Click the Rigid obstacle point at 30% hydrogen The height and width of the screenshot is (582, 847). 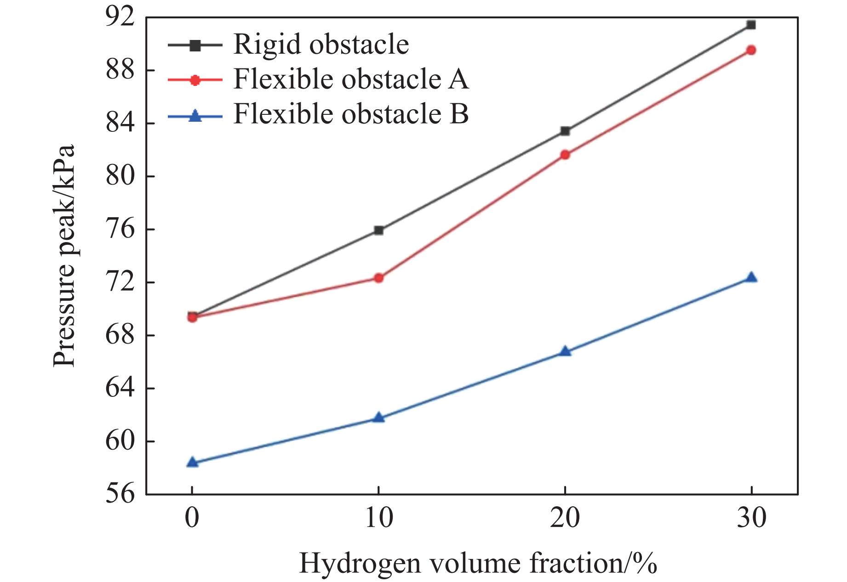pyautogui.click(x=751, y=25)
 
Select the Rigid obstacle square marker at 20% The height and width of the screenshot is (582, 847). pyautogui.click(x=565, y=131)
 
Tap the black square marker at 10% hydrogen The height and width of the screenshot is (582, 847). pyautogui.click(x=378, y=230)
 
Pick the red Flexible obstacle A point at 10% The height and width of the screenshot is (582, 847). pyautogui.click(x=378, y=278)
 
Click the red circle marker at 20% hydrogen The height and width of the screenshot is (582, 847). pyautogui.click(x=565, y=155)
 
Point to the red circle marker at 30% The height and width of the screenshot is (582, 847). pyautogui.click(x=751, y=50)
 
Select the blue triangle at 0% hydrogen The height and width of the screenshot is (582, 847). pyautogui.click(x=192, y=462)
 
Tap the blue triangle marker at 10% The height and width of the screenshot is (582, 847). pyautogui.click(x=378, y=418)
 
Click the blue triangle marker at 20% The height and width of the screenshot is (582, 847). pyautogui.click(x=565, y=352)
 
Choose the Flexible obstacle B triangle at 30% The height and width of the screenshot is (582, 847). pyautogui.click(x=751, y=277)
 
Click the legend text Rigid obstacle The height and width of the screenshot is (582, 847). pyautogui.click(x=321, y=45)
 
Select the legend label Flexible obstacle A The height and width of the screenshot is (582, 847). pyautogui.click(x=351, y=79)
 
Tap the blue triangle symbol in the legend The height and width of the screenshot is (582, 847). pyautogui.click(x=195, y=115)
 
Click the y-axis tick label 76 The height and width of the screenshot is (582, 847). pyautogui.click(x=121, y=229)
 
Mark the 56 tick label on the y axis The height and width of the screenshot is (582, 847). pyautogui.click(x=121, y=494)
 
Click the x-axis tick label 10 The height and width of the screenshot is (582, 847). pyautogui.click(x=378, y=518)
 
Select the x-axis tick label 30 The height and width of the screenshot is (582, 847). pyautogui.click(x=751, y=518)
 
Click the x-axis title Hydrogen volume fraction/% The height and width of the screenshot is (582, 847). pyautogui.click(x=477, y=563)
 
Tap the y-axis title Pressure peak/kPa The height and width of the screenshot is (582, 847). pyautogui.click(x=63, y=255)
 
